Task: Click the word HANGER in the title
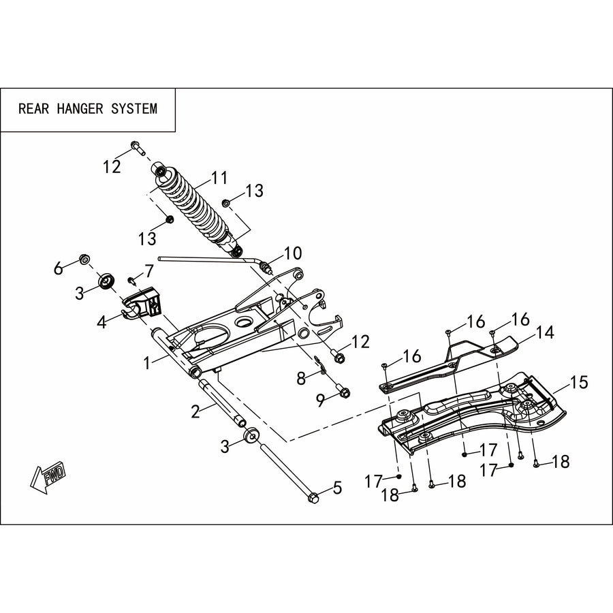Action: (80, 108)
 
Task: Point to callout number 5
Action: (337, 488)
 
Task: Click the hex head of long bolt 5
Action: (313, 498)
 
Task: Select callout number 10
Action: (293, 253)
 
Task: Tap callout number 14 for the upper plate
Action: (545, 332)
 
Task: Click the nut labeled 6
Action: (84, 259)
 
